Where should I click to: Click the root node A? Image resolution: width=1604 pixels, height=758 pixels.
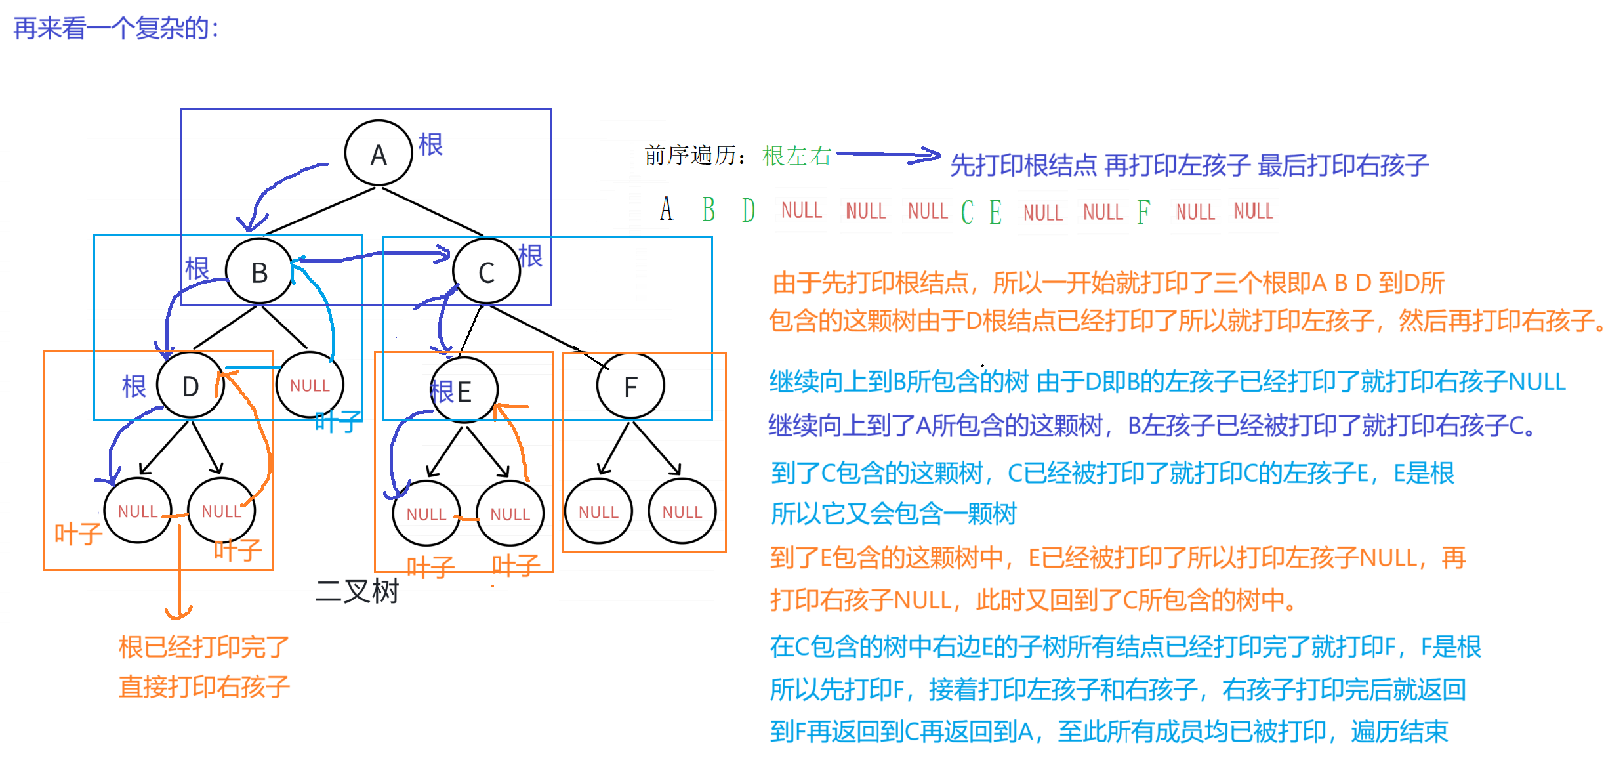tap(379, 154)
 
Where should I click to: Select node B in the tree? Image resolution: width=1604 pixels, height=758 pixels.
tap(259, 271)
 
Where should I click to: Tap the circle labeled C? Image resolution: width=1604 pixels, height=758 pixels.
tap(486, 272)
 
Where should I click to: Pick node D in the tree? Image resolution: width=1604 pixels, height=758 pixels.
tap(190, 386)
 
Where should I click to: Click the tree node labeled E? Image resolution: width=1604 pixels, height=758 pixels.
tap(464, 390)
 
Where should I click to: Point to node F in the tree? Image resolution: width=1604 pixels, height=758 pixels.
tap(630, 387)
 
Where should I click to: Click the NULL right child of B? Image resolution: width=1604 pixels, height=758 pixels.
tap(310, 385)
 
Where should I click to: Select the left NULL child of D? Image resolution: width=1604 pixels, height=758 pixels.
tap(138, 511)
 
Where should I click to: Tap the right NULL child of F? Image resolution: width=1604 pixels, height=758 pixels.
tap(682, 511)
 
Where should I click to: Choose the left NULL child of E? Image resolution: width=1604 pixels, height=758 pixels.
tap(426, 513)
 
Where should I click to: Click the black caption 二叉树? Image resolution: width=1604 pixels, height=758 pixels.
tap(357, 591)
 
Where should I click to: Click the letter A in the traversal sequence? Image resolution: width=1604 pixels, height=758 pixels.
tap(667, 209)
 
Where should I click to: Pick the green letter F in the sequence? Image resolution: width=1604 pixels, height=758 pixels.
tap(1143, 211)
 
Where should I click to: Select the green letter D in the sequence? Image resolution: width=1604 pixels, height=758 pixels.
tap(749, 210)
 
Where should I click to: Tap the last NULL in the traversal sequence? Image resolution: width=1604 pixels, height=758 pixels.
tap(1253, 211)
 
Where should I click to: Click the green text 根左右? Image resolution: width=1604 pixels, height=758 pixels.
tap(797, 156)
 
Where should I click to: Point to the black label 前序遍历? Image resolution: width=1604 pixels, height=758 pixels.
tap(693, 156)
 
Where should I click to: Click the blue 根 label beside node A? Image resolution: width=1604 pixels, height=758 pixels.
tap(431, 144)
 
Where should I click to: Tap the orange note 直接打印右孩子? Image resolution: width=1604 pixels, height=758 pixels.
tap(204, 686)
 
